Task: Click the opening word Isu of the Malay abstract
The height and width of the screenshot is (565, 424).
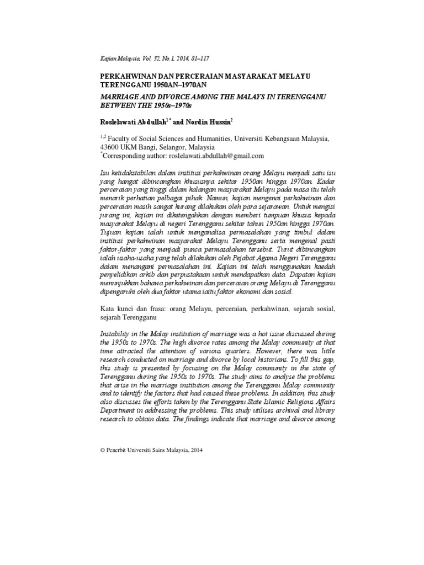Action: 105,176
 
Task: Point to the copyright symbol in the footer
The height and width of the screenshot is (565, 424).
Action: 103,450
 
